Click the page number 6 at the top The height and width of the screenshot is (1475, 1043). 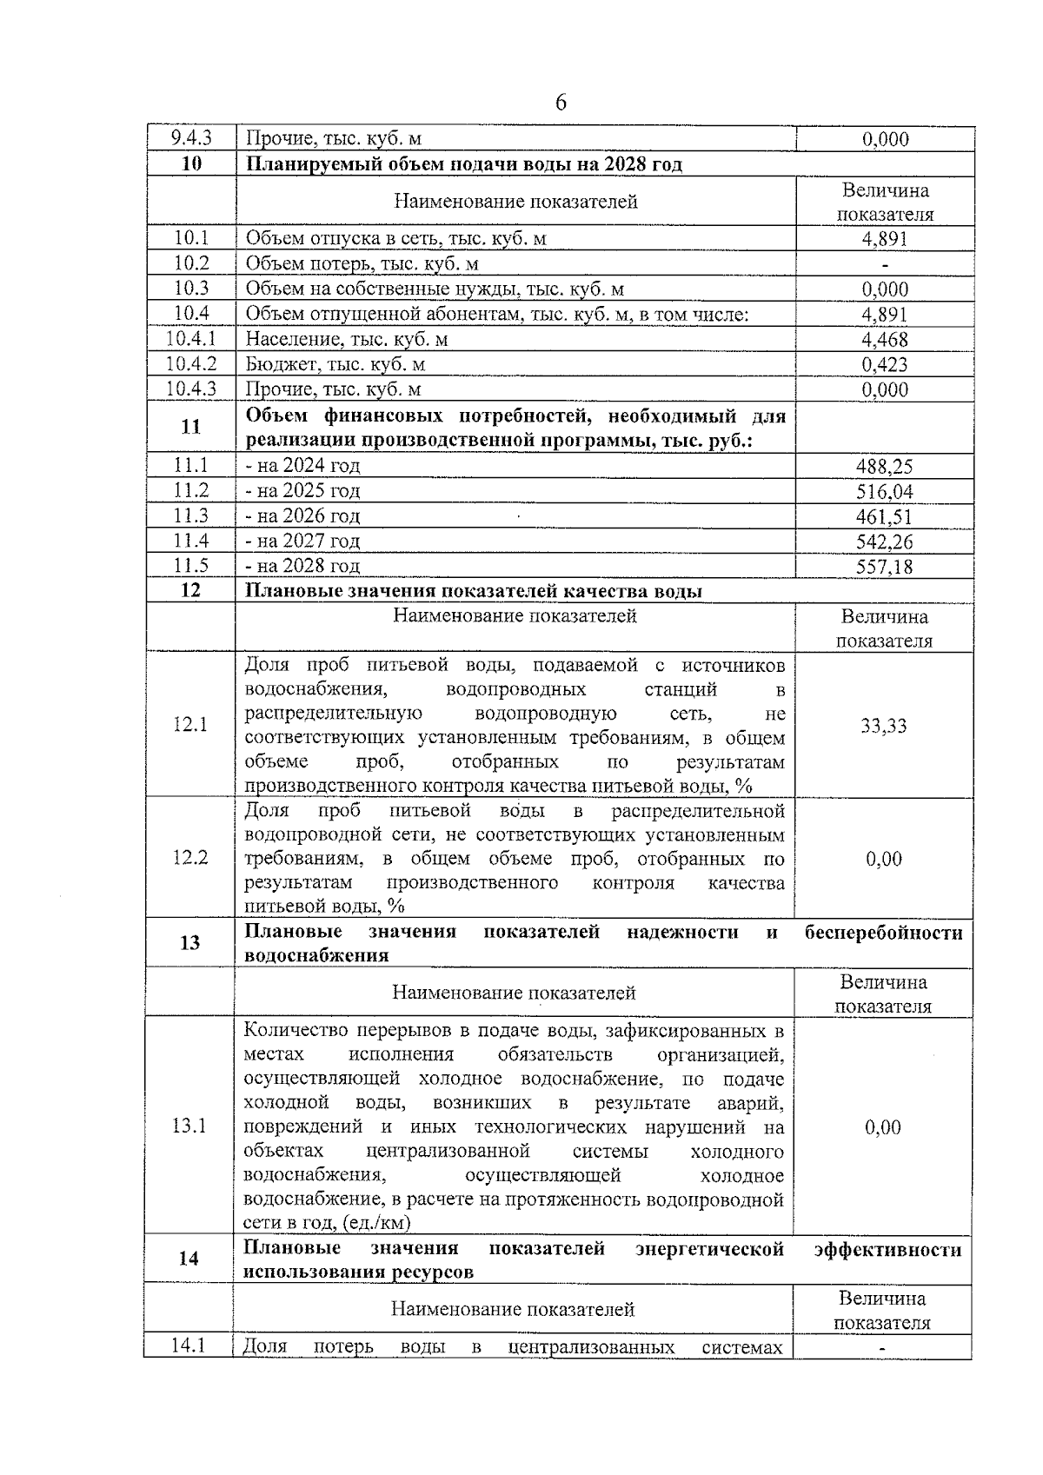(561, 103)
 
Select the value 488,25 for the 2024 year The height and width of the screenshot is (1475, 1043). (884, 466)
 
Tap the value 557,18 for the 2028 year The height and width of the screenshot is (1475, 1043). (884, 567)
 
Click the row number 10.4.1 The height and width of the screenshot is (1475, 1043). (191, 339)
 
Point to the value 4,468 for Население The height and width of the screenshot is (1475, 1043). (884, 339)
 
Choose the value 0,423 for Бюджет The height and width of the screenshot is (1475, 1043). (884, 364)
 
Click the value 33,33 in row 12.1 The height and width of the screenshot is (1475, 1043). (884, 726)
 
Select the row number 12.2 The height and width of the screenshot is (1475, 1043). (190, 858)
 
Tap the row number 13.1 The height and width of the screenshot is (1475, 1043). (189, 1126)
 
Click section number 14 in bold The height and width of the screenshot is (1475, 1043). (189, 1258)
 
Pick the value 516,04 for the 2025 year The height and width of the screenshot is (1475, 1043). (884, 491)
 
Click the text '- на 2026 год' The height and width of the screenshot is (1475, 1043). (302, 515)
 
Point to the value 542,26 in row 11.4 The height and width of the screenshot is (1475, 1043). (884, 541)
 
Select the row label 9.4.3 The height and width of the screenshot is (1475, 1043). (191, 138)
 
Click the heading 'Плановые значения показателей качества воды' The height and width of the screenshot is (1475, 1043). (474, 591)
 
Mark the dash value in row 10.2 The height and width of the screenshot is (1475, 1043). (884, 264)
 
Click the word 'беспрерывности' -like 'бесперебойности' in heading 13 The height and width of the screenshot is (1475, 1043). (883, 933)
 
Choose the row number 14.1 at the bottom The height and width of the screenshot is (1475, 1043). (188, 1345)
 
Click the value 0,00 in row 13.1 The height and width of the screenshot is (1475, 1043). (883, 1126)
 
